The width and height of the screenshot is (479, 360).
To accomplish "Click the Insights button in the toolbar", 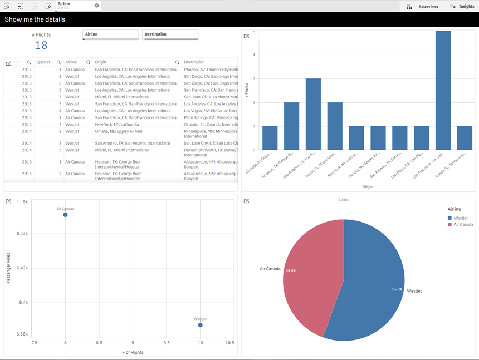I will [462, 6].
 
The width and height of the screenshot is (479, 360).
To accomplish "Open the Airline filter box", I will [110, 34].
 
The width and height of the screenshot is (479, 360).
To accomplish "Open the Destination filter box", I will [170, 34].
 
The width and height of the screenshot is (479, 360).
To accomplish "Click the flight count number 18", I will [41, 46].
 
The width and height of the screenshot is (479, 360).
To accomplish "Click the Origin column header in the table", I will [101, 62].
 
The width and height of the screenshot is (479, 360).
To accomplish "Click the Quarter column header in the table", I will [43, 62].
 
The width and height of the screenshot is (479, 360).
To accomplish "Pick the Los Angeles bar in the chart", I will [313, 114].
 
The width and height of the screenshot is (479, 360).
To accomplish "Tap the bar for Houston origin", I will [291, 126].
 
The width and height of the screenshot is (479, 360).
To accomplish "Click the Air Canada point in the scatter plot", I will [65, 215].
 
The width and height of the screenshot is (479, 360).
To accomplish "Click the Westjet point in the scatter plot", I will [201, 325].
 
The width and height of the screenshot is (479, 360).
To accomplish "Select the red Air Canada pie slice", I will [306, 273].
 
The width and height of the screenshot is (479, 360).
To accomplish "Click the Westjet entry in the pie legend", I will [460, 218].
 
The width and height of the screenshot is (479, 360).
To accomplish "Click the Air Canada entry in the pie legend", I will [463, 224].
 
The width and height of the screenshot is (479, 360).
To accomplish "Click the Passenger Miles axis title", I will [8, 268].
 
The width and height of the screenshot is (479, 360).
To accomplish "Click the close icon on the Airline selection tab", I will [96, 6].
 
